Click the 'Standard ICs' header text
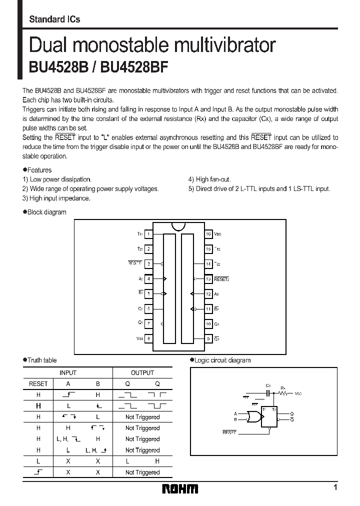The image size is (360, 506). click(x=54, y=19)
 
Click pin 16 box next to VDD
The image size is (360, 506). click(x=208, y=234)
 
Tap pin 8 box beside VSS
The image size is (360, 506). click(x=148, y=338)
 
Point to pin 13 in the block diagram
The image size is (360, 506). click(x=208, y=279)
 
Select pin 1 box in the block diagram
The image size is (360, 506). click(x=148, y=234)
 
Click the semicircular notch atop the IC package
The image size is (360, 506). click(x=178, y=226)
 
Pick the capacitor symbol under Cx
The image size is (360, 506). click(x=268, y=393)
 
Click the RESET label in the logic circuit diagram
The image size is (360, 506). click(x=228, y=430)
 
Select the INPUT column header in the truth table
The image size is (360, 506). click(x=68, y=372)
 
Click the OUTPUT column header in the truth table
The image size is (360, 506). click(x=142, y=372)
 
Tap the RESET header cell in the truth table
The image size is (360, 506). click(x=38, y=383)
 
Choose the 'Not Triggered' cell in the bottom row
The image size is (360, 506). click(x=142, y=472)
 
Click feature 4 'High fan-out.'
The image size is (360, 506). click(x=209, y=179)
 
